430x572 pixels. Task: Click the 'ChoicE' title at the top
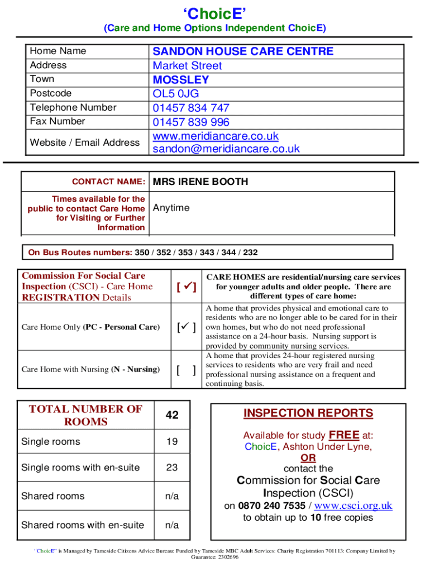pyautogui.click(x=215, y=13)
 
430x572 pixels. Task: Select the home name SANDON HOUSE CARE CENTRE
pyautogui.click(x=243, y=51)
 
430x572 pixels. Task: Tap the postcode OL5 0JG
pyautogui.click(x=176, y=94)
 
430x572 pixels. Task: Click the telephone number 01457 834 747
pyautogui.click(x=191, y=108)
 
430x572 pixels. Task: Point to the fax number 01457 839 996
pyautogui.click(x=191, y=122)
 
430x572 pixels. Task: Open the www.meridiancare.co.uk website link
pyautogui.click(x=216, y=136)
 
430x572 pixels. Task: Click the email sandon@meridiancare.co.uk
pyautogui.click(x=226, y=149)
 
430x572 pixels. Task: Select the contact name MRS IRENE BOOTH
pyautogui.click(x=200, y=182)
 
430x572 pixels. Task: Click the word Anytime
pyautogui.click(x=171, y=208)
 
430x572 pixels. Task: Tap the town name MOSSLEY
pyautogui.click(x=181, y=80)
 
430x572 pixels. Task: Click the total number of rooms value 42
pyautogui.click(x=172, y=415)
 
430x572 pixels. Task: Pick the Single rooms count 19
pyautogui.click(x=172, y=442)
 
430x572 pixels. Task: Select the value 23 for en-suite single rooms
pyautogui.click(x=172, y=468)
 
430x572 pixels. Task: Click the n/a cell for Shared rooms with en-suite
pyautogui.click(x=172, y=525)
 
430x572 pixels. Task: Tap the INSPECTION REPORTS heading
pyautogui.click(x=308, y=413)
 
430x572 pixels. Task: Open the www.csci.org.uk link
pyautogui.click(x=353, y=506)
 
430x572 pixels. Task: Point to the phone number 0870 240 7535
pyautogui.click(x=271, y=506)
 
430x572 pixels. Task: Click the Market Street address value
pyautogui.click(x=187, y=66)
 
